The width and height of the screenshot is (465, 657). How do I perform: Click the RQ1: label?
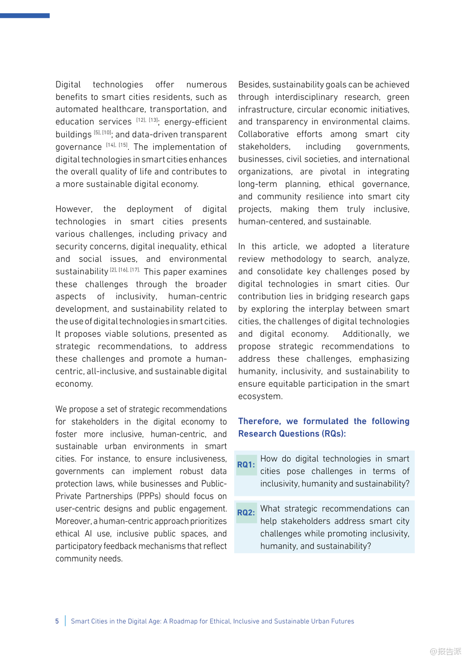[246, 465]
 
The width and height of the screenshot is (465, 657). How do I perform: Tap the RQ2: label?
[246, 512]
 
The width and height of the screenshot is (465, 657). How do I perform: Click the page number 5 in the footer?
[57, 621]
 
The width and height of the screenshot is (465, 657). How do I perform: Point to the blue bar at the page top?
[25, 16]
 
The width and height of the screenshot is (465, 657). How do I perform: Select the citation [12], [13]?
[147, 120]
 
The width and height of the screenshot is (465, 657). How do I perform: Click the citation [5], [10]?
[103, 132]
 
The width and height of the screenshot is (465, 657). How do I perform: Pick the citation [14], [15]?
[117, 145]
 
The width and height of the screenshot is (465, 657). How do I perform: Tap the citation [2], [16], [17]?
[124, 270]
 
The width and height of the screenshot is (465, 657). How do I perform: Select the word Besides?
[254, 85]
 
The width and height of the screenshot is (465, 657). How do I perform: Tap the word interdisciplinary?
[306, 97]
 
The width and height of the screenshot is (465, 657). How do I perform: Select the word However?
[74, 209]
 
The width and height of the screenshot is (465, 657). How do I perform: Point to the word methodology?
[296, 259]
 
